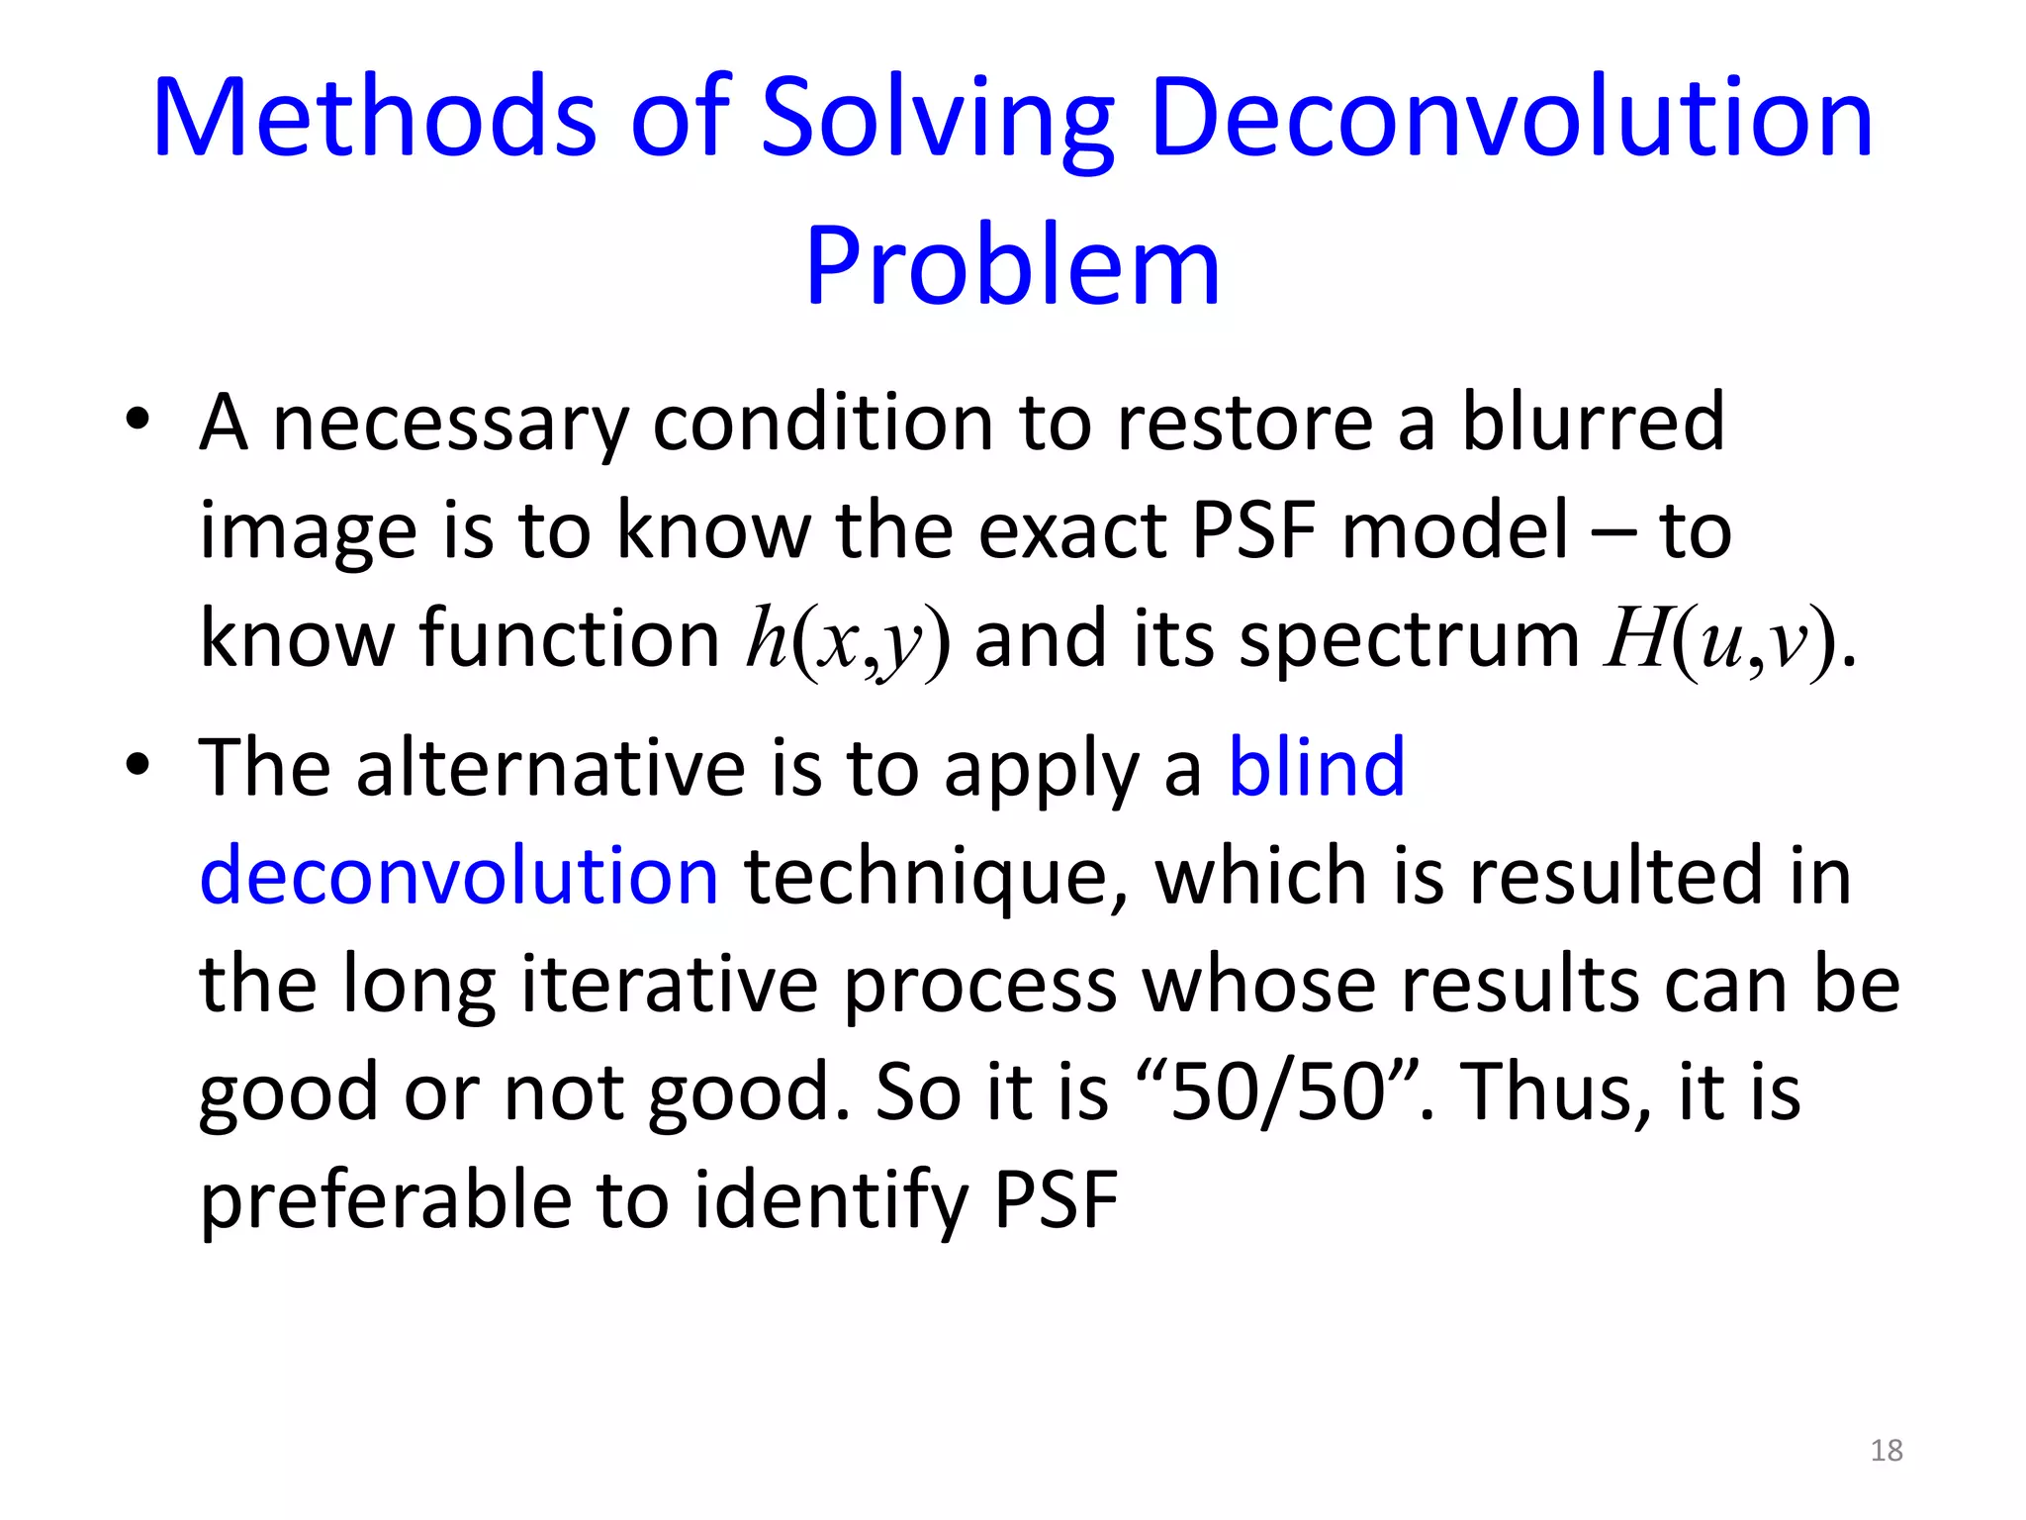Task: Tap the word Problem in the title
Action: pos(1012,265)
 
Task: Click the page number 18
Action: pos(1887,1450)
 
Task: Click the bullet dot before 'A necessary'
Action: pos(138,420)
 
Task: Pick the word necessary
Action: pos(450,424)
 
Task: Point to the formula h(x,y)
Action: pos(848,640)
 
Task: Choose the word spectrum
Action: pos(1409,640)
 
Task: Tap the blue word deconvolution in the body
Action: pos(459,875)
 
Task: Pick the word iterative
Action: pos(670,984)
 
